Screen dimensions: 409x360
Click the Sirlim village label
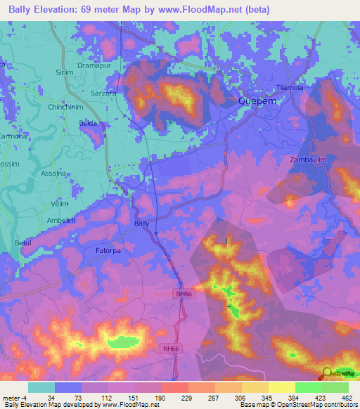tap(65, 72)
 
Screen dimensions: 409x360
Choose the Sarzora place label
tap(104, 93)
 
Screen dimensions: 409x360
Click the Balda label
tap(88, 123)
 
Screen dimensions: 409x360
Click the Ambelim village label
tap(60, 220)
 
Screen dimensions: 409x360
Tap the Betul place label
tap(23, 242)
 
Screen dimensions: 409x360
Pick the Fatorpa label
tap(109, 249)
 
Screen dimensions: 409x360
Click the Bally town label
tap(141, 223)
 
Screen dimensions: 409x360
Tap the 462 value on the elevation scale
tap(347, 398)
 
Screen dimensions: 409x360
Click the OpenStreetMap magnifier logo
tap(327, 373)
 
